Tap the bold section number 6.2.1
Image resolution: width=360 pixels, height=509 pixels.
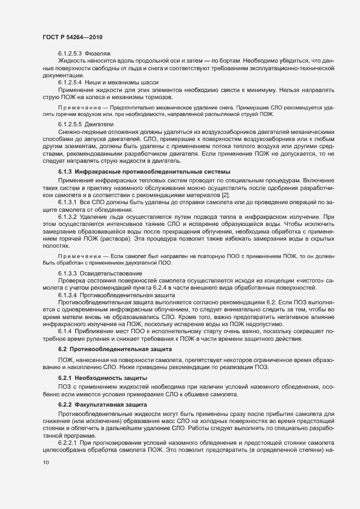tap(64, 377)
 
